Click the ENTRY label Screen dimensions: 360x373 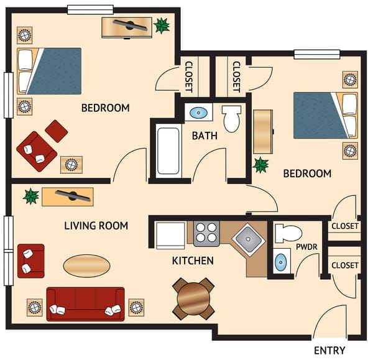(329, 351)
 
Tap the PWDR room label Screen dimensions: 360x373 (306, 247)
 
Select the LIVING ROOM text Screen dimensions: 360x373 (96, 226)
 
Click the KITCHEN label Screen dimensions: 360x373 (193, 261)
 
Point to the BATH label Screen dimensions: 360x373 (205, 136)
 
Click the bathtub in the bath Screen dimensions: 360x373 (169, 151)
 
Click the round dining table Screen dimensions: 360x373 (195, 299)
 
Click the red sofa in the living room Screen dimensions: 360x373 (85, 303)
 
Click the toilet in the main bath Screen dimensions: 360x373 (231, 119)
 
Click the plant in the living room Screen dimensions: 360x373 (30, 196)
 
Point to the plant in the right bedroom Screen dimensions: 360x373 (260, 165)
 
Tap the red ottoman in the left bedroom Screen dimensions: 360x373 (57, 130)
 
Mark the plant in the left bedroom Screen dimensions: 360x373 (162, 25)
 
